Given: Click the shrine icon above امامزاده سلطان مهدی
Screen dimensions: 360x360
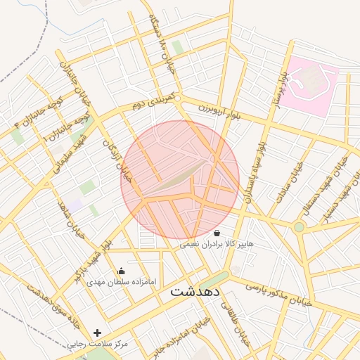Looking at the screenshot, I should pos(122,271).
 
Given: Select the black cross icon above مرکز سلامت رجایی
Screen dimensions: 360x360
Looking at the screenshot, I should pos(97,333).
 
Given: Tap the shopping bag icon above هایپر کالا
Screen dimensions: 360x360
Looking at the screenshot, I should pos(217,233).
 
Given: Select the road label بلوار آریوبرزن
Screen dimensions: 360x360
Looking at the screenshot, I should pos(219,110).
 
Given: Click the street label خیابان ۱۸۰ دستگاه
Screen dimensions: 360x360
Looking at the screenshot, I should pos(157,39).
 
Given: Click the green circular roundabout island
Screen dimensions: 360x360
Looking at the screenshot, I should pos(299,226).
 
